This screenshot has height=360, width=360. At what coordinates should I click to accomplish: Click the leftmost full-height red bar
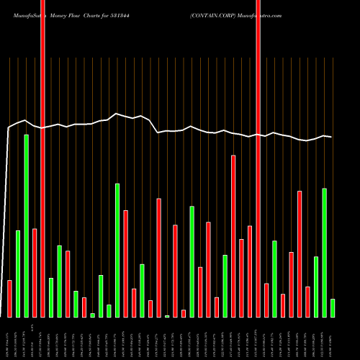[x=42, y=158]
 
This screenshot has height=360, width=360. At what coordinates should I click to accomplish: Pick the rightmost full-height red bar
[x=258, y=158]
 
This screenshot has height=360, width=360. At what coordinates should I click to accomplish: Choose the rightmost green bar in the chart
[x=333, y=307]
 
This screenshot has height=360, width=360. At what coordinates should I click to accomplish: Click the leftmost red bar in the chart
[x=9, y=298]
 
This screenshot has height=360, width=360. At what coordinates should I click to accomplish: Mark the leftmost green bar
[x=18, y=274]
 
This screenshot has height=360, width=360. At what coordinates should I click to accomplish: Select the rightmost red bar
[x=307, y=302]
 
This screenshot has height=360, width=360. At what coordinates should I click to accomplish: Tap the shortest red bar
[x=184, y=313]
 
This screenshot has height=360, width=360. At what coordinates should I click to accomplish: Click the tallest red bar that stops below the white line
[x=233, y=235]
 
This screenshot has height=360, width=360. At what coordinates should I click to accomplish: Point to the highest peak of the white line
[x=117, y=113]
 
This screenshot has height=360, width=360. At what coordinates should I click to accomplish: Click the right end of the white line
[x=332, y=137]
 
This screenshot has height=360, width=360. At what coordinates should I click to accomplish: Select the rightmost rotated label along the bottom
[x=332, y=339]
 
